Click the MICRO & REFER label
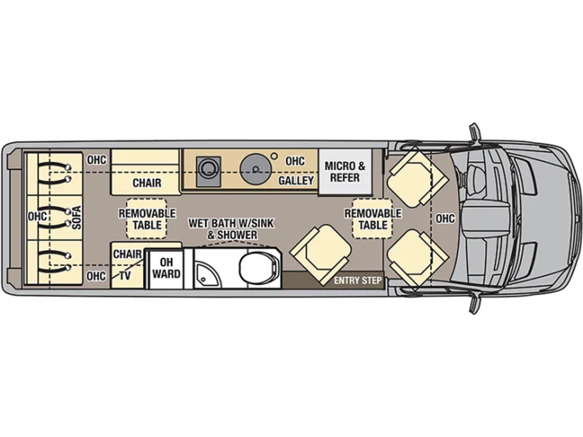(344, 172)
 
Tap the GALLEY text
(296, 180)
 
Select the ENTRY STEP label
(357, 281)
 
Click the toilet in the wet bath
(257, 267)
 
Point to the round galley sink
(254, 168)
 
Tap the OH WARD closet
(166, 268)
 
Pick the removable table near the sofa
(147, 218)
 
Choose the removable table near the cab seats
(373, 218)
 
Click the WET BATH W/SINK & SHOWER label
(231, 229)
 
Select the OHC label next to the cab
(445, 218)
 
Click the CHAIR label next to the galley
(147, 183)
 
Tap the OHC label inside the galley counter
(295, 161)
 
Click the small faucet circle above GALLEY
(274, 155)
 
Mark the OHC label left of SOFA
(37, 216)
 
